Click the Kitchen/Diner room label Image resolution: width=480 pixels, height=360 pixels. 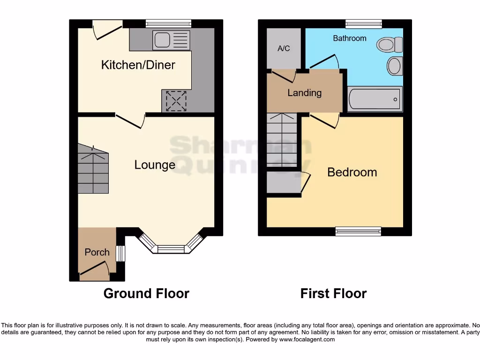(x=138, y=65)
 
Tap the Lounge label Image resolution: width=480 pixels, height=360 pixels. (x=155, y=165)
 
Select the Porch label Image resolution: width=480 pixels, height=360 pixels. (x=97, y=252)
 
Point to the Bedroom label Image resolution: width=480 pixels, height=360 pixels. (x=352, y=172)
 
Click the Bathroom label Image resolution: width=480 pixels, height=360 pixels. (x=350, y=38)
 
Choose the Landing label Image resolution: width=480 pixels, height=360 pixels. (x=304, y=93)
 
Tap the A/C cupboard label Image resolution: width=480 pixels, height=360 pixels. (x=284, y=49)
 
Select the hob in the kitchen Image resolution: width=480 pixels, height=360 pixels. (x=176, y=101)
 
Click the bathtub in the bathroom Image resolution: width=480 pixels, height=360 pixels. (x=375, y=99)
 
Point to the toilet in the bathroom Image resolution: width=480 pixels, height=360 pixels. (x=390, y=45)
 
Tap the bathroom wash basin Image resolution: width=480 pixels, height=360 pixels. (x=395, y=66)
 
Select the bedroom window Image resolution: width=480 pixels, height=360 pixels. (x=358, y=230)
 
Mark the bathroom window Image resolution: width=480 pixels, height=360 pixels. (x=364, y=24)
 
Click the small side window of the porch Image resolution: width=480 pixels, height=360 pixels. (x=121, y=254)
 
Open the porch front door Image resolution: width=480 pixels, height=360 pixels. (x=96, y=270)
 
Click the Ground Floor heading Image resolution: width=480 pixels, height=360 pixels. (x=146, y=294)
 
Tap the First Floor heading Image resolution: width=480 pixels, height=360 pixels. (x=333, y=294)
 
